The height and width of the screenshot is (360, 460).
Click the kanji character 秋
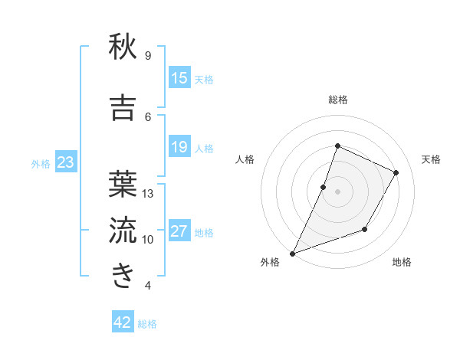(x=123, y=48)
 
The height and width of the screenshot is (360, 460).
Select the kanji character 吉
(x=123, y=109)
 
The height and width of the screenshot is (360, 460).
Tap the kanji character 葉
(x=123, y=183)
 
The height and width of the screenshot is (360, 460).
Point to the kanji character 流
(x=123, y=230)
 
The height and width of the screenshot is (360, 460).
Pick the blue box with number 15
(x=179, y=78)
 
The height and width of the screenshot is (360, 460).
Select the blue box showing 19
(x=179, y=148)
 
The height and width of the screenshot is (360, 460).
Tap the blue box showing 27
(x=179, y=232)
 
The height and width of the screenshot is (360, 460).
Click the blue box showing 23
(x=65, y=162)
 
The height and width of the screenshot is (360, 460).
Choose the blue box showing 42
(x=123, y=322)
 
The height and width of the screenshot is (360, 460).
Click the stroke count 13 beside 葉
(x=148, y=194)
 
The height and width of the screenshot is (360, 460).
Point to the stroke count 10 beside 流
(x=148, y=240)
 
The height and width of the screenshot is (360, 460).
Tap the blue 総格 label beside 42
(x=147, y=324)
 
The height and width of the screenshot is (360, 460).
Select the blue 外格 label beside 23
(x=41, y=164)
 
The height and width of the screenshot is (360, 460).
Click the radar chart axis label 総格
(x=337, y=100)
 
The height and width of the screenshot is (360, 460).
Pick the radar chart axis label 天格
(x=431, y=159)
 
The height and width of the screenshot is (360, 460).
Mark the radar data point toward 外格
(x=292, y=253)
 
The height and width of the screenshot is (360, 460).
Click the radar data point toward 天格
(x=396, y=172)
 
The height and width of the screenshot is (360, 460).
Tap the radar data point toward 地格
(x=365, y=229)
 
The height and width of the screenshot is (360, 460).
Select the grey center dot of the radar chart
(x=337, y=191)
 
